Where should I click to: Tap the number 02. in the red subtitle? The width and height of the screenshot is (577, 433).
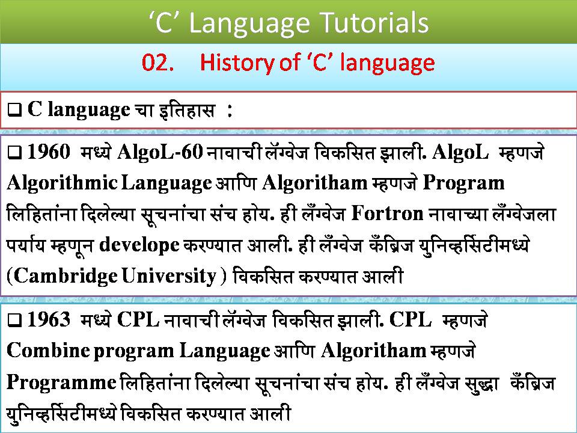click(158, 63)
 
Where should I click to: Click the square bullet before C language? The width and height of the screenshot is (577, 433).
click(16, 111)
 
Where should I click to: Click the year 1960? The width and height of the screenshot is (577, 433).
click(50, 153)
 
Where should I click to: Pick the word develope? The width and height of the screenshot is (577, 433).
click(138, 244)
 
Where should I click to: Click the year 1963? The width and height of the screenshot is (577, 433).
click(50, 321)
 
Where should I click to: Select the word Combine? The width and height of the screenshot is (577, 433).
click(47, 351)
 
